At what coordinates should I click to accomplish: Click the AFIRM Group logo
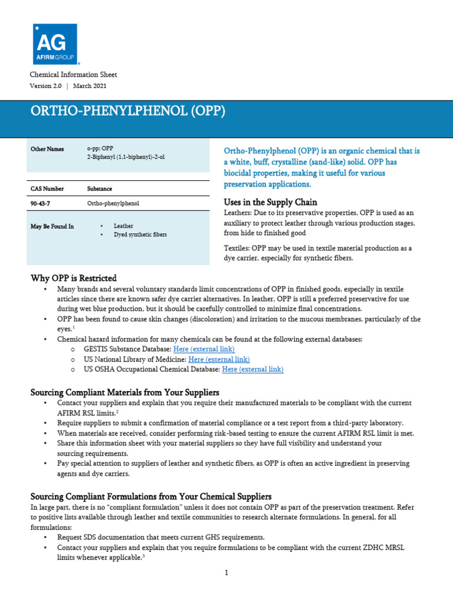(55, 44)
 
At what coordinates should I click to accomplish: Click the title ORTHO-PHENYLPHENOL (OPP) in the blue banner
(127, 112)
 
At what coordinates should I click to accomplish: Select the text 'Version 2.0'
(45, 86)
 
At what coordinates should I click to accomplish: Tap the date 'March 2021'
(90, 86)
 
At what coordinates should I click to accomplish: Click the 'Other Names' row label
(47, 149)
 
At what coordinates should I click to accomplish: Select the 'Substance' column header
(99, 188)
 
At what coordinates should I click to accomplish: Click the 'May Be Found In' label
(52, 226)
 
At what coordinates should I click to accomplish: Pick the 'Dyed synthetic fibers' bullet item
(140, 235)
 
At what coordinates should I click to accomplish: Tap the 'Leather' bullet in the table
(123, 226)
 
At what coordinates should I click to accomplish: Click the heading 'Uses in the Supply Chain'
(271, 202)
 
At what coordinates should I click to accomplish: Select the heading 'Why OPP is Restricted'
(73, 278)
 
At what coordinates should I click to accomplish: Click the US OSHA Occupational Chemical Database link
(252, 369)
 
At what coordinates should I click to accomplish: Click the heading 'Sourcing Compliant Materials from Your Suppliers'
(124, 392)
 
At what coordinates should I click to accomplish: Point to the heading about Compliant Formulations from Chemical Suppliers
(151, 496)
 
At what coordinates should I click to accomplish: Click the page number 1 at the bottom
(226, 573)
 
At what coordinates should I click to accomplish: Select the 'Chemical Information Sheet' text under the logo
(73, 74)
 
